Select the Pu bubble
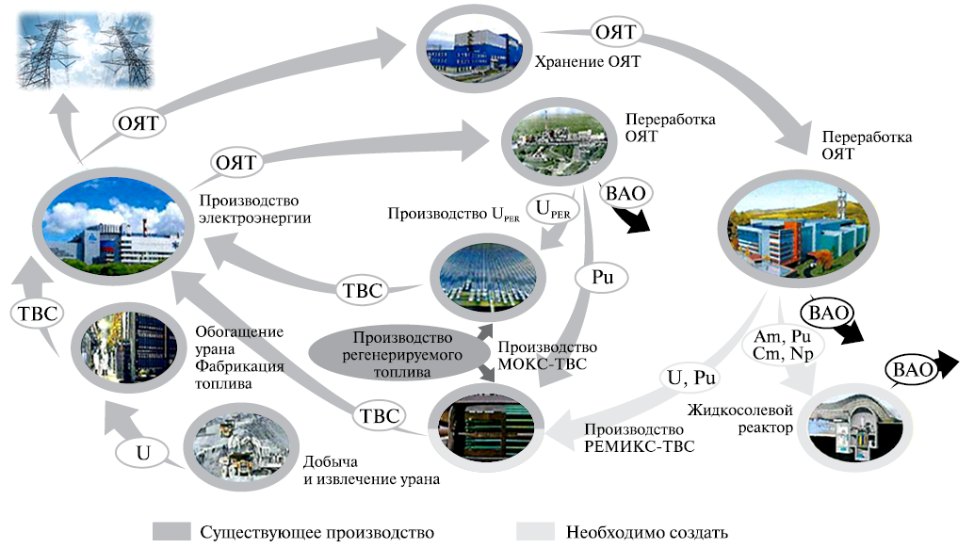(599, 278)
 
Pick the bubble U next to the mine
(143, 453)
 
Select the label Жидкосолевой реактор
(736, 418)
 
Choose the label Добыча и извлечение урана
(371, 471)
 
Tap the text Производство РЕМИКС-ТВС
(640, 439)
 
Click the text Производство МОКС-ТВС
(547, 355)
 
